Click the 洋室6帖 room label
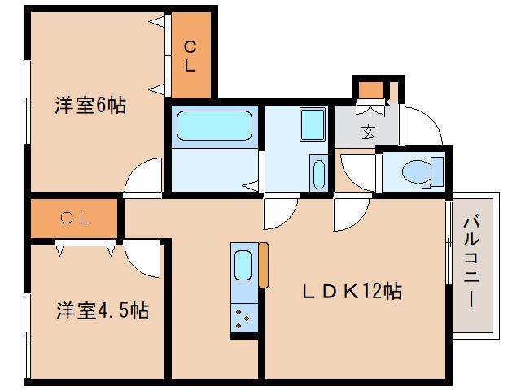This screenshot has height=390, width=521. [x=90, y=105]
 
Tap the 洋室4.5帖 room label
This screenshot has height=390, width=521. [x=102, y=310]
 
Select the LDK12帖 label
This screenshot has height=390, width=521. [x=352, y=291]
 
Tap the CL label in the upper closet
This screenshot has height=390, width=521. [x=190, y=55]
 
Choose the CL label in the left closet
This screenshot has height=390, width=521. [x=77, y=218]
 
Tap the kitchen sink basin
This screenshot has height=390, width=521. [x=243, y=265]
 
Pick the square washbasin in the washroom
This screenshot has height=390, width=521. [x=312, y=124]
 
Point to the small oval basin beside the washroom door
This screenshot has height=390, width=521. [x=317, y=174]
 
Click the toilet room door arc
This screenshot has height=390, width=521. [x=356, y=171]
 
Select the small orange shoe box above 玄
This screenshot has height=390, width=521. [x=371, y=89]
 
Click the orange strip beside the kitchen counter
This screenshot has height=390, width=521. [x=263, y=265]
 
